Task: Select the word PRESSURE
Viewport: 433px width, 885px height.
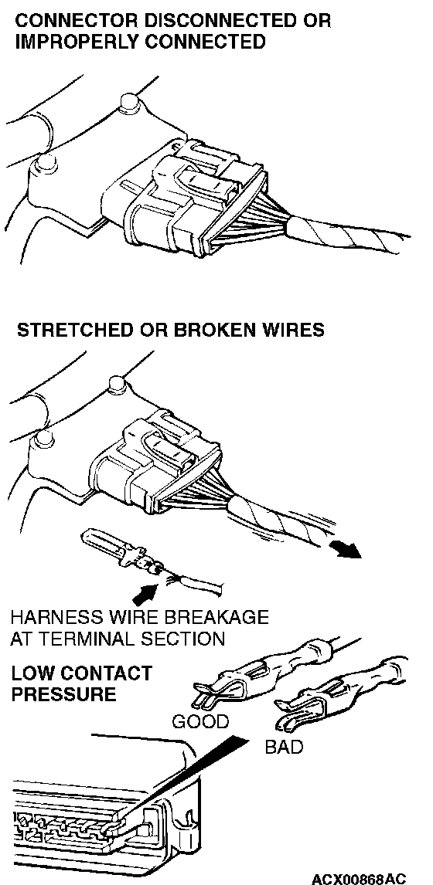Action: (x=63, y=694)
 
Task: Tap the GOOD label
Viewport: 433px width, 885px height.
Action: (x=200, y=722)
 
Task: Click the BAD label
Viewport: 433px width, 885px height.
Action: (x=284, y=748)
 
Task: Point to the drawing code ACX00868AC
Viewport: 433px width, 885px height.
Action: (x=359, y=879)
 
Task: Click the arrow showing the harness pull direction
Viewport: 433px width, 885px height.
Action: (x=345, y=549)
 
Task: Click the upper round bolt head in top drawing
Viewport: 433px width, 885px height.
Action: (x=131, y=102)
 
